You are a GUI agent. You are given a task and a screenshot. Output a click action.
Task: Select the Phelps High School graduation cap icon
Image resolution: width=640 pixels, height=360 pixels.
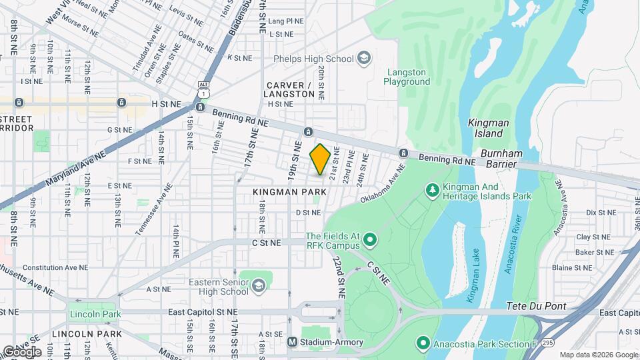point(363,59)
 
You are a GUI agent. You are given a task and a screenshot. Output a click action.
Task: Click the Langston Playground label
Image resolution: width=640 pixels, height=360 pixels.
point(409,76)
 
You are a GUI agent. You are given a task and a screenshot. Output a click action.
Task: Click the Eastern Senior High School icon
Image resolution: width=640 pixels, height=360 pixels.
point(258,287)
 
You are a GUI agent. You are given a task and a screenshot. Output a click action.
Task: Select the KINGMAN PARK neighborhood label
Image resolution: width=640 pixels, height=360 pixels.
point(289,191)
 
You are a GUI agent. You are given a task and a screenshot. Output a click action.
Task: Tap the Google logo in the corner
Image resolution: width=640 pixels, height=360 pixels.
point(21,351)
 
